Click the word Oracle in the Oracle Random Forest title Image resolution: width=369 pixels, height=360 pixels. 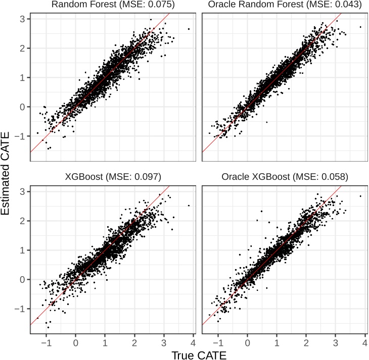point(223,5)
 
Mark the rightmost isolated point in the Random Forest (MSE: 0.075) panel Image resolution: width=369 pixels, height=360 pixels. point(189,29)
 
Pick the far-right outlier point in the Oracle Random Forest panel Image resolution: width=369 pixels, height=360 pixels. point(360,27)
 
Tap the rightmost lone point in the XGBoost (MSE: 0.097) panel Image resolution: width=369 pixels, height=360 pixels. point(189,205)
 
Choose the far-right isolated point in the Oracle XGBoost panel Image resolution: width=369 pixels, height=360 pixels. point(360,196)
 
